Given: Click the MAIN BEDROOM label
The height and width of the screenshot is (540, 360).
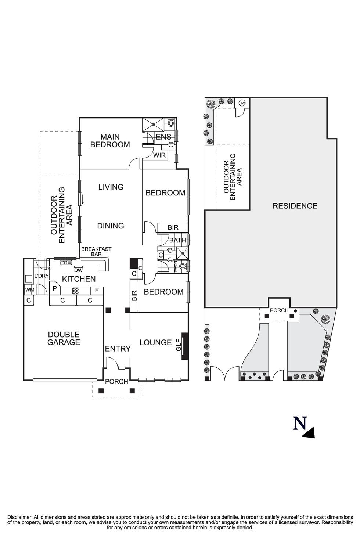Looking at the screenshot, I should point(110,141).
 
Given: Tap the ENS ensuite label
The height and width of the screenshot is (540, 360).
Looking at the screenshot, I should point(163,137).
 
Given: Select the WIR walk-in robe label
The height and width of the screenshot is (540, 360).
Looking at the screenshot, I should point(159,155).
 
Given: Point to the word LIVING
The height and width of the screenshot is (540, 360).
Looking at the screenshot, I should point(111,187).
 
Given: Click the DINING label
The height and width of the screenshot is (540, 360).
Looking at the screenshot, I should point(110,226).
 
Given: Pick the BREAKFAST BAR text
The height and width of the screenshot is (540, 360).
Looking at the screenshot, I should point(96,252).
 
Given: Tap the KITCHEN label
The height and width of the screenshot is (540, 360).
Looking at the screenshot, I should point(79,279).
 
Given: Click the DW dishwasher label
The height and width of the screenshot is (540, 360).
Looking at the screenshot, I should point(78,270).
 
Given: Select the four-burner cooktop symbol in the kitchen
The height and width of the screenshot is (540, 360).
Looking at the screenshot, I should point(76,291).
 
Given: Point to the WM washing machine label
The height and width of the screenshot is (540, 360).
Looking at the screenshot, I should point(29,290).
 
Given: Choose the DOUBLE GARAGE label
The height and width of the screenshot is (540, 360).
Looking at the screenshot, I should point(64,338).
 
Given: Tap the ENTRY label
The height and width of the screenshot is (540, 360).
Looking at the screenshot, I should point(118,349).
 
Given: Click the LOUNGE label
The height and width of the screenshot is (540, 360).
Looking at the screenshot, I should point(155,342).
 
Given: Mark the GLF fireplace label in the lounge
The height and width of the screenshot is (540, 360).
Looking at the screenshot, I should point(179,346).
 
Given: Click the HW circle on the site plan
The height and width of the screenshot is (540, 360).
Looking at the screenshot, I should point(242,103).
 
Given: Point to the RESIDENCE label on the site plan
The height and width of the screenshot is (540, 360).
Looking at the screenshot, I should point(295,206).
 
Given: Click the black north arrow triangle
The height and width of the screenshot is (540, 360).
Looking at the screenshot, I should point(309,433).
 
